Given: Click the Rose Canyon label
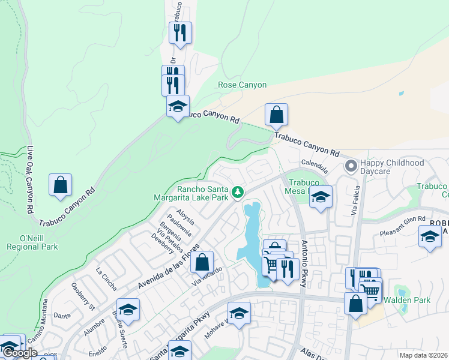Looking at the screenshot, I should [x=242, y=85].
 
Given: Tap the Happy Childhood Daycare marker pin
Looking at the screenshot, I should [x=349, y=166].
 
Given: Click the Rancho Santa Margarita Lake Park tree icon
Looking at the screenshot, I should [x=238, y=192].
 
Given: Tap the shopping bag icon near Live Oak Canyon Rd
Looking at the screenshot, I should [x=61, y=185].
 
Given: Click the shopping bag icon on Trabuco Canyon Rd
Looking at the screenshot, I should [x=276, y=115].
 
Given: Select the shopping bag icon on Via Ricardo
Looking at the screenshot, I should [x=202, y=263].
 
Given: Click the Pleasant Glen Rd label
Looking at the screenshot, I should [x=402, y=220].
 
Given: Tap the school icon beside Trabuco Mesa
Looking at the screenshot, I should [x=321, y=197].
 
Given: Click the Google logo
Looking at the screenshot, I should [x=20, y=353].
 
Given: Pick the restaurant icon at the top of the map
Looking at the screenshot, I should [x=180, y=33].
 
